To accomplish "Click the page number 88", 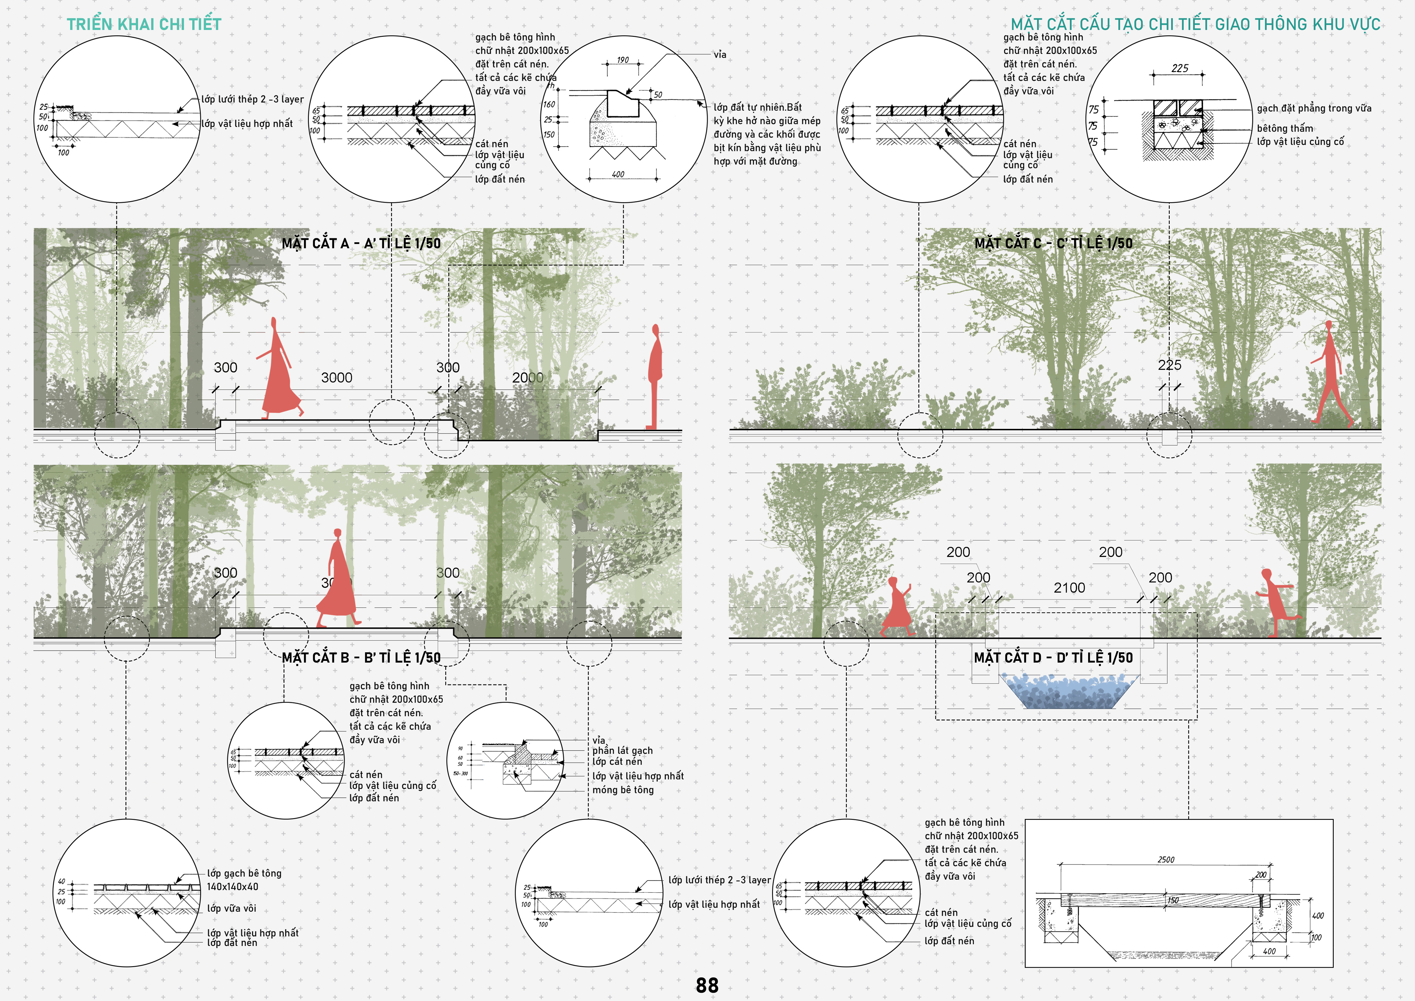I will pos(707,985).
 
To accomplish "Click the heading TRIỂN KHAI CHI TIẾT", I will pos(143,24).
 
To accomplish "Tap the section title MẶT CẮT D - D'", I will pos(1052,658).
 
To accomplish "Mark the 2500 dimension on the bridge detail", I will pos(1165,859).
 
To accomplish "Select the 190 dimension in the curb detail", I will pos(622,60).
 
